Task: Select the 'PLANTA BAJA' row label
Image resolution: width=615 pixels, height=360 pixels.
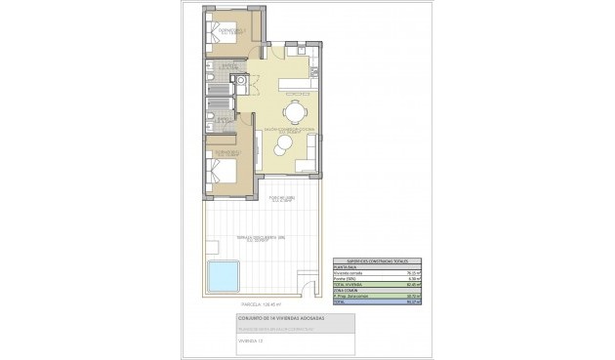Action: [347, 267]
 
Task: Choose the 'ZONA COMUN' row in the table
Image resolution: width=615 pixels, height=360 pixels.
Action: [347, 289]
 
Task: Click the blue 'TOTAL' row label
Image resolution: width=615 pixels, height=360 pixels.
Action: [342, 302]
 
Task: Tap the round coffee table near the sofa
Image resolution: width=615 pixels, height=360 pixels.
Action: [282, 144]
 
